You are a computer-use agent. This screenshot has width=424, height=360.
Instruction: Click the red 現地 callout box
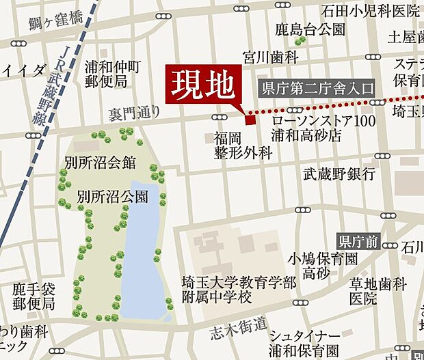(204, 85)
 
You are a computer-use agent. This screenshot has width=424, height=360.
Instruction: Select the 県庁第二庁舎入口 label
(317, 87)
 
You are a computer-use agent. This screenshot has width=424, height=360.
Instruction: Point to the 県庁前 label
(359, 241)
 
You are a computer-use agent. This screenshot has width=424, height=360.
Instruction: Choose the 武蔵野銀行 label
(339, 174)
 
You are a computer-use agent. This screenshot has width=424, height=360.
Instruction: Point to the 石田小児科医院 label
(371, 11)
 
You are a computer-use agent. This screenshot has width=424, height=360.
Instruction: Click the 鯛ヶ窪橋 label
(56, 20)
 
